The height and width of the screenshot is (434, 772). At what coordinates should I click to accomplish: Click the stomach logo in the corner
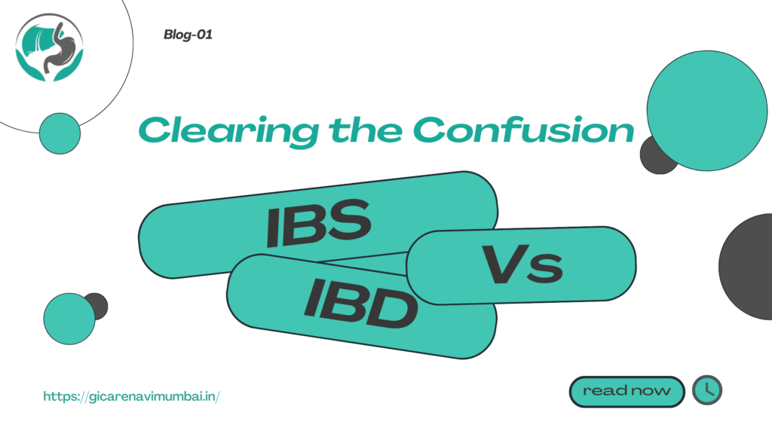tap(49, 47)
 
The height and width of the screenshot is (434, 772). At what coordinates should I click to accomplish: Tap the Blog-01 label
tap(188, 35)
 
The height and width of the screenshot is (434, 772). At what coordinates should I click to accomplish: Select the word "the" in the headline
tap(365, 130)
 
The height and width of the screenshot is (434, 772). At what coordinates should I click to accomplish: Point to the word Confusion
tap(523, 130)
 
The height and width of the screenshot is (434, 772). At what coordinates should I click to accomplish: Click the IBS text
tap(318, 223)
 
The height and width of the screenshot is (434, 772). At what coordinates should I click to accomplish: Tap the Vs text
tap(522, 264)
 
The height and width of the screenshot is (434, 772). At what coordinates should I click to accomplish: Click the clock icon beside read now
tap(707, 390)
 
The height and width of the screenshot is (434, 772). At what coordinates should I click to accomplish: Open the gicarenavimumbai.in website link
tap(131, 396)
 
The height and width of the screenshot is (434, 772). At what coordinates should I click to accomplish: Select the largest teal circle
tap(707, 111)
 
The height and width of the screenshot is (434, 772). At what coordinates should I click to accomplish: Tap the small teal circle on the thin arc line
tap(60, 133)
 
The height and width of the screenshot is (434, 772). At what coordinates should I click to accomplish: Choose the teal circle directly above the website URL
tap(69, 319)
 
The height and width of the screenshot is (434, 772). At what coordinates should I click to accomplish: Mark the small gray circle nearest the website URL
tap(99, 306)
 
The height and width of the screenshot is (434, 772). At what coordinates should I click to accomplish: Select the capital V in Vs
tap(504, 264)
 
